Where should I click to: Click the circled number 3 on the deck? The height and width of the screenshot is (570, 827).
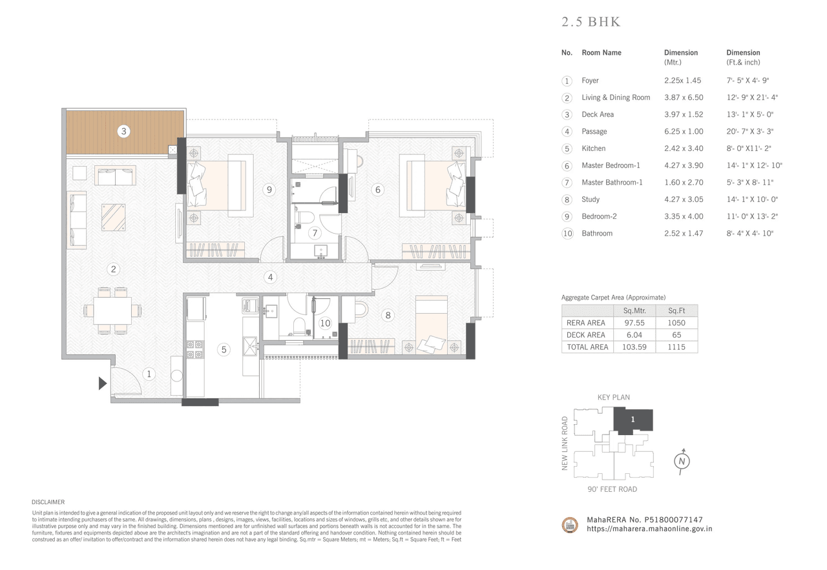pyautogui.click(x=124, y=131)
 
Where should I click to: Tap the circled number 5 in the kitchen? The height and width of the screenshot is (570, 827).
pyautogui.click(x=224, y=349)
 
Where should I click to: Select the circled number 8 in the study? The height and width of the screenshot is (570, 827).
pyautogui.click(x=387, y=315)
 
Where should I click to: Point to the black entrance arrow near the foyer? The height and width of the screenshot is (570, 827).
pyautogui.click(x=102, y=383)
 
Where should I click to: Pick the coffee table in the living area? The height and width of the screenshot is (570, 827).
pyautogui.click(x=113, y=217)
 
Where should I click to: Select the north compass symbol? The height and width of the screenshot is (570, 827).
pyautogui.click(x=681, y=461)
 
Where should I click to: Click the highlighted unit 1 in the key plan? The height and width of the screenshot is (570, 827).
pyautogui.click(x=633, y=420)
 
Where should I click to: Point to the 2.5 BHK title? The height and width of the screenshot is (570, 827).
pyautogui.click(x=591, y=23)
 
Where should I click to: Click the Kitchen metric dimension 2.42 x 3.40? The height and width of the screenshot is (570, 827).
pyautogui.click(x=684, y=148)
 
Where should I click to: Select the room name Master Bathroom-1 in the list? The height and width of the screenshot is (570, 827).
pyautogui.click(x=612, y=183)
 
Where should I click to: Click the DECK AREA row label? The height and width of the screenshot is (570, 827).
pyautogui.click(x=585, y=335)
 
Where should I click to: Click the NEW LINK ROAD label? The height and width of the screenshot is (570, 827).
pyautogui.click(x=565, y=443)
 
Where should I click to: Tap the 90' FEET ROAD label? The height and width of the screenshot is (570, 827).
pyautogui.click(x=612, y=489)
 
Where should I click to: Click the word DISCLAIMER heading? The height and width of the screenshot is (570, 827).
pyautogui.click(x=48, y=502)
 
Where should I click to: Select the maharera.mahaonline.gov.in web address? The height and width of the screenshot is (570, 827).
pyautogui.click(x=649, y=528)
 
